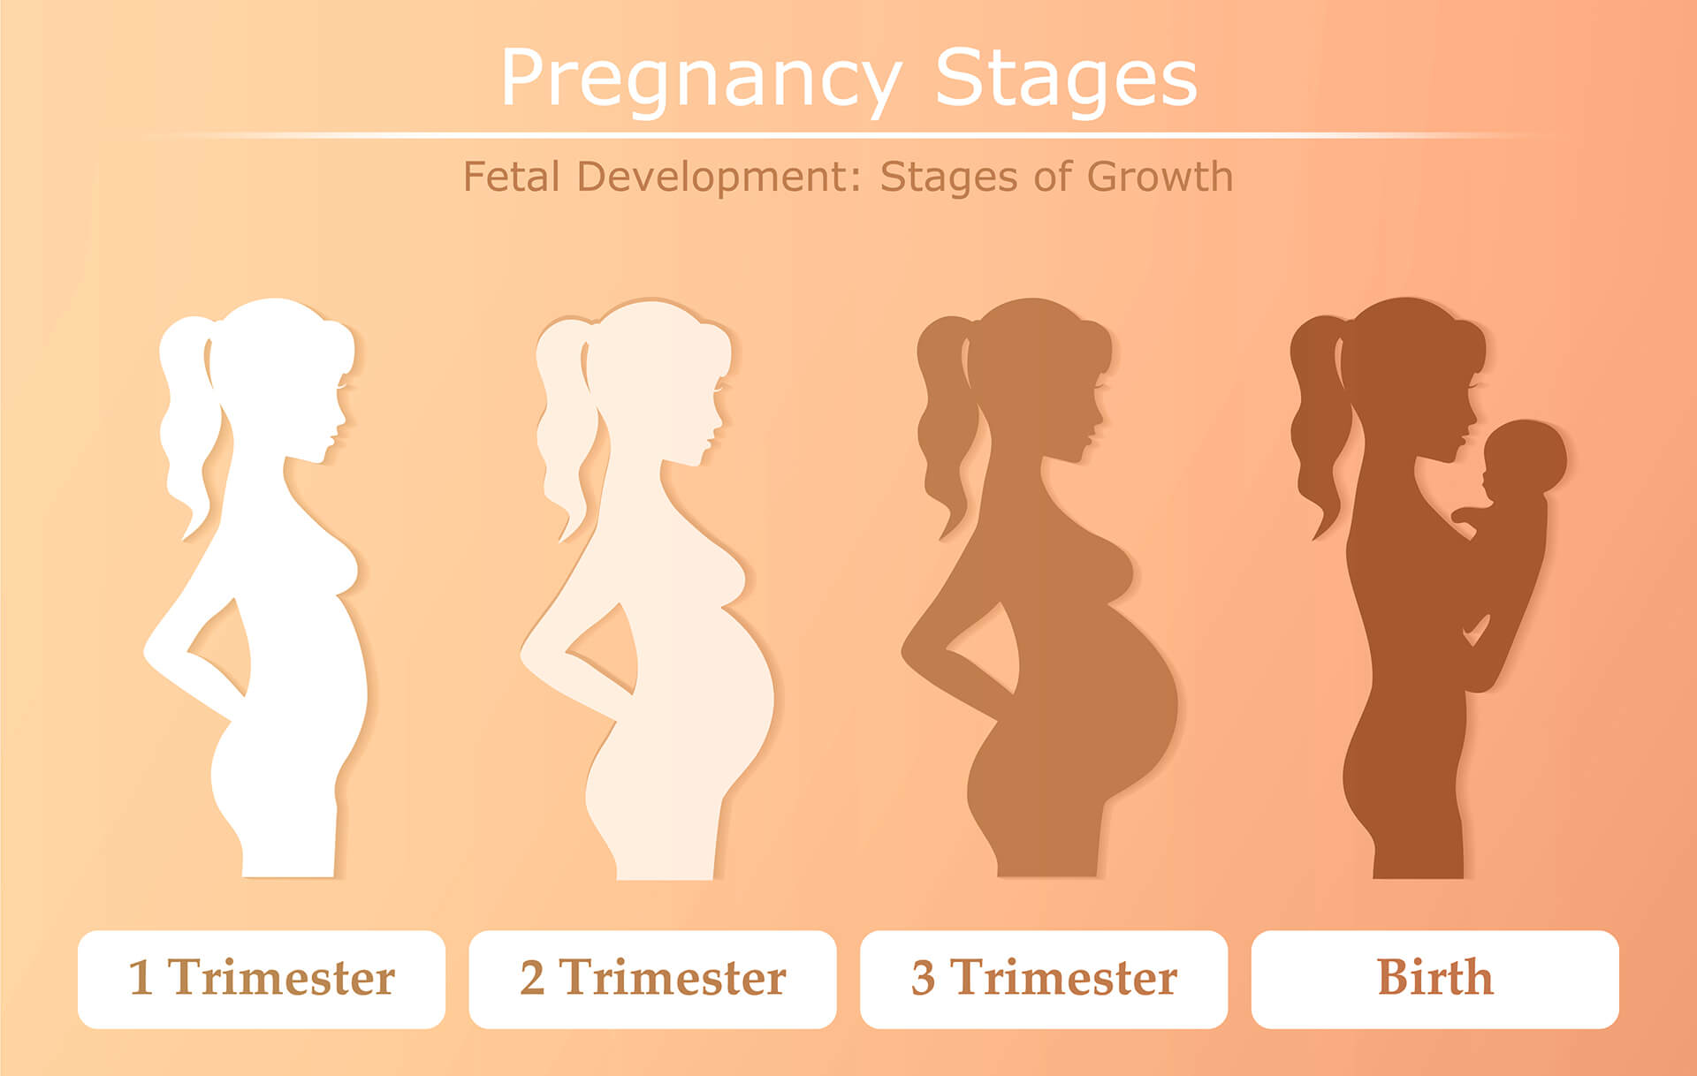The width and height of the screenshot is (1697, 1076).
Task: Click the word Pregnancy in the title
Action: (x=701, y=80)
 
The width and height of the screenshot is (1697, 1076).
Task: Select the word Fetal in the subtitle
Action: (x=512, y=177)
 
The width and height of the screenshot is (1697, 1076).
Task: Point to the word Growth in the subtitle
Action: (x=1160, y=177)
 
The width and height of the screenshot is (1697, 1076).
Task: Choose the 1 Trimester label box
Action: (x=262, y=979)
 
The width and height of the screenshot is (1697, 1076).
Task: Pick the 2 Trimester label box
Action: (x=652, y=979)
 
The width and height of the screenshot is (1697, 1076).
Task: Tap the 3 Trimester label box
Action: (x=1044, y=979)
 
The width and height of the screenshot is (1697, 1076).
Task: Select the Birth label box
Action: (x=1435, y=979)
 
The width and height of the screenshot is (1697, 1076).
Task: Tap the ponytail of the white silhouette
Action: (x=187, y=424)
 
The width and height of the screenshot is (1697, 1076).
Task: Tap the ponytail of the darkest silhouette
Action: (x=1319, y=424)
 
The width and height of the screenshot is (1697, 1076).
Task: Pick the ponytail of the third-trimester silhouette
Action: (x=946, y=424)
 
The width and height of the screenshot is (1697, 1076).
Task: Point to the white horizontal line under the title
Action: (x=848, y=135)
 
